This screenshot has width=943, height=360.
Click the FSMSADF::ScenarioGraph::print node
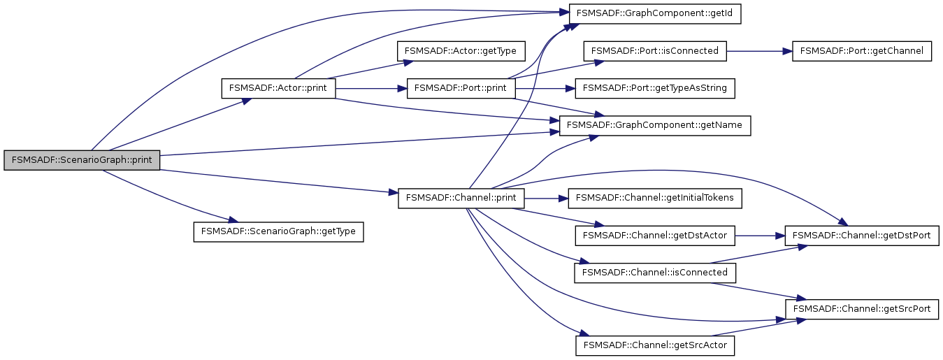(x=82, y=160)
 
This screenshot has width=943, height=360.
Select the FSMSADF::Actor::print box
(x=278, y=89)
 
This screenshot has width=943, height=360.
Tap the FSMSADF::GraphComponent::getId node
(x=655, y=14)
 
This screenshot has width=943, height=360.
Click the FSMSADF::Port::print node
(x=461, y=89)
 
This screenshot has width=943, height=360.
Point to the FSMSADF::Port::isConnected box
(x=655, y=51)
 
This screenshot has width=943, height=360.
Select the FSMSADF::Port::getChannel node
(x=861, y=51)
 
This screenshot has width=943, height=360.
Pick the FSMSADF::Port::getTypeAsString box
(x=654, y=89)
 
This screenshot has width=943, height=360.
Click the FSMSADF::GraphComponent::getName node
(x=655, y=126)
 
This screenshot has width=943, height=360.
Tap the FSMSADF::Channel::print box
(x=461, y=199)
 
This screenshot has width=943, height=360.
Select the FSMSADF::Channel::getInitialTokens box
(x=655, y=199)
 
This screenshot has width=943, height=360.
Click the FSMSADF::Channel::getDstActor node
(x=655, y=236)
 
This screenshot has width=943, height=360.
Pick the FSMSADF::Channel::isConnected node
(x=655, y=273)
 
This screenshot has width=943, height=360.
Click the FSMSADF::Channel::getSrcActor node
(x=655, y=345)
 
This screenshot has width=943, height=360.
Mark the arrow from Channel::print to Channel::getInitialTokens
(x=546, y=199)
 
